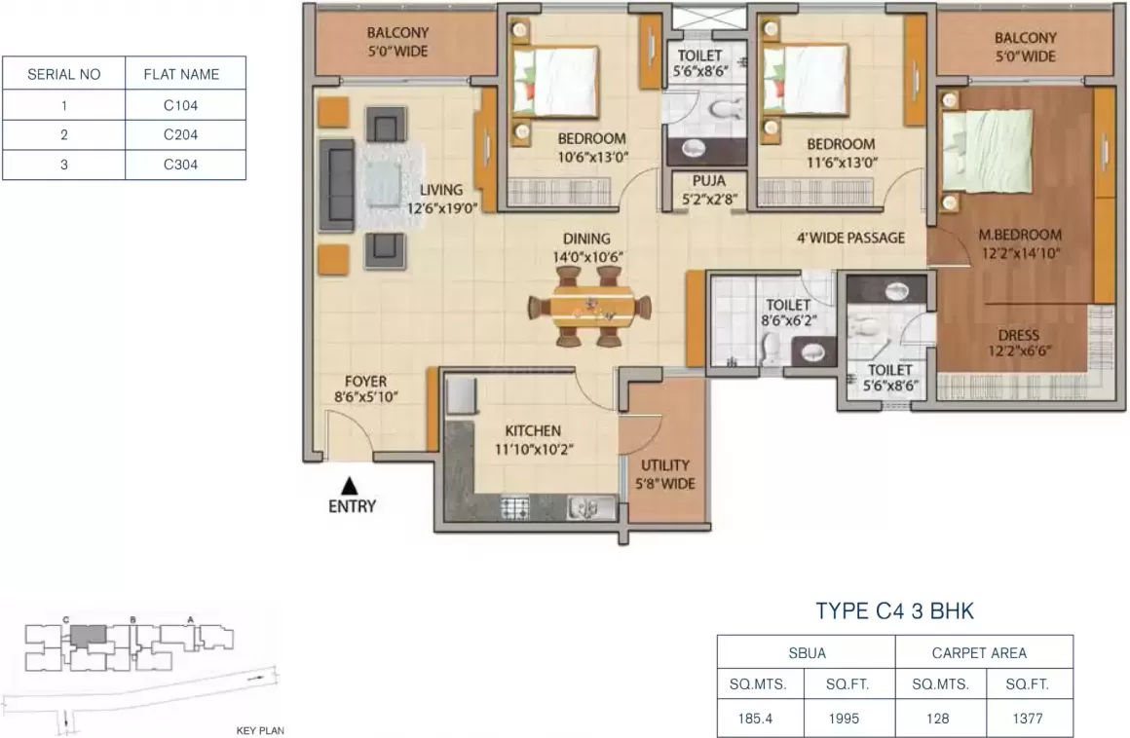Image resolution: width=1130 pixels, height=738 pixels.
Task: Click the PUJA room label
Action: coord(708,189)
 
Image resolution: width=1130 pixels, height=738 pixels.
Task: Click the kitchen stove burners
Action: coord(514,507)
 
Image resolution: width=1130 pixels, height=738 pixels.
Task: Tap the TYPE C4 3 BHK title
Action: coord(894,611)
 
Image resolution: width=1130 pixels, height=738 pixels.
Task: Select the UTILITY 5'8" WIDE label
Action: coord(666,474)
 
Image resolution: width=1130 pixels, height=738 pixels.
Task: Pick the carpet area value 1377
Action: coord(1030,720)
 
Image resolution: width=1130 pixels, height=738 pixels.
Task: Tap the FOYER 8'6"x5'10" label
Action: coord(365,389)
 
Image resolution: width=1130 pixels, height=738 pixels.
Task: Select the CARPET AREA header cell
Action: coord(985,652)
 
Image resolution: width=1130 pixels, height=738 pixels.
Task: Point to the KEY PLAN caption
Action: coord(259,729)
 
